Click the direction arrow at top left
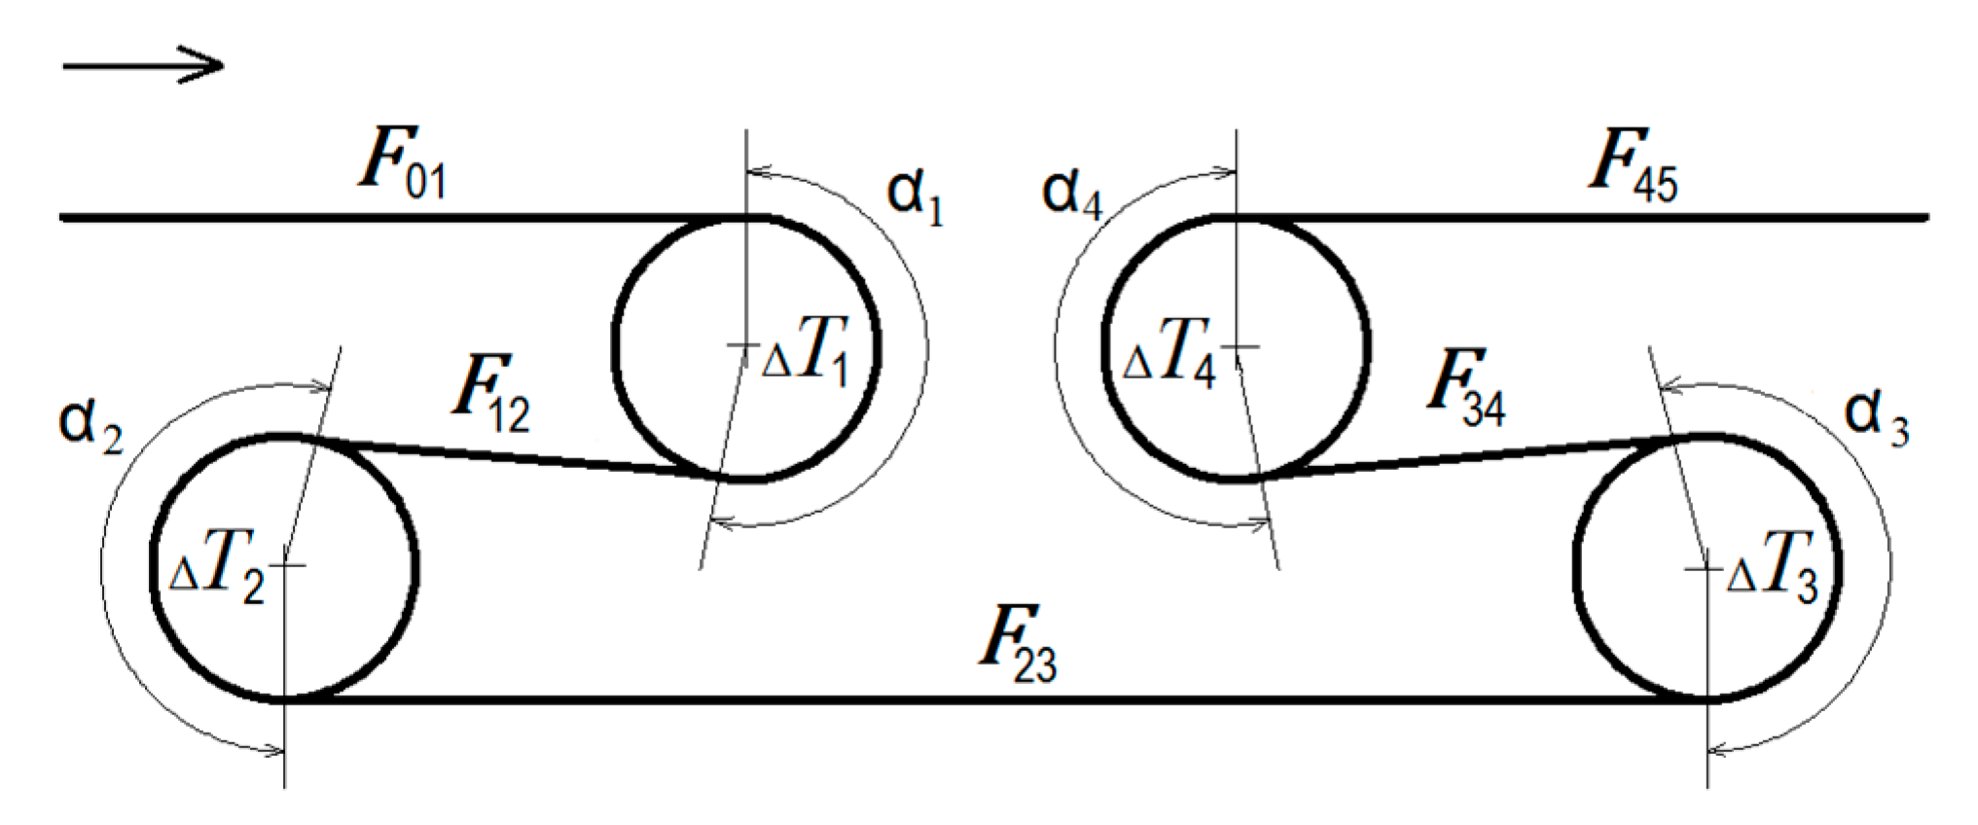(143, 65)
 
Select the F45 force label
(1634, 164)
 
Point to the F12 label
(492, 392)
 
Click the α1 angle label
(916, 196)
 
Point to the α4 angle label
(1071, 192)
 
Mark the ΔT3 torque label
(1772, 568)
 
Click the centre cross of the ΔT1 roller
(745, 345)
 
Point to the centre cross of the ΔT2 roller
(285, 564)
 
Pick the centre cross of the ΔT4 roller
(1237, 345)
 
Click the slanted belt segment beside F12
(525, 460)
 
